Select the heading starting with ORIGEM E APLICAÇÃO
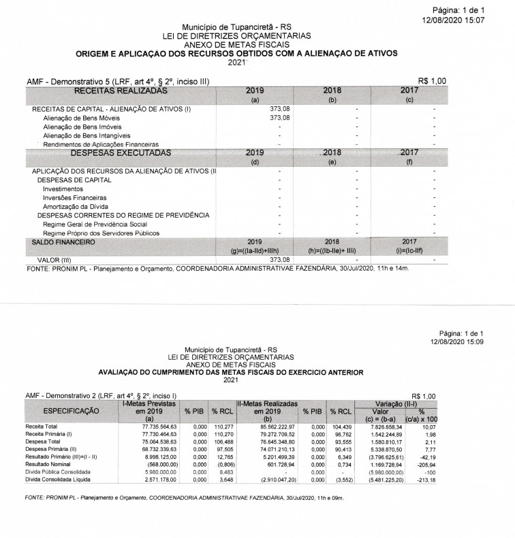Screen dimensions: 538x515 tap(236, 52)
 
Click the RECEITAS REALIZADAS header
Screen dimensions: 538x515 tap(120, 90)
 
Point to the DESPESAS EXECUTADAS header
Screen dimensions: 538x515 tap(121, 153)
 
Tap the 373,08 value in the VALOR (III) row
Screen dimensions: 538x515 tap(280, 260)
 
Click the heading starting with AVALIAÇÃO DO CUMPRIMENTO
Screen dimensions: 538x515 tap(231, 373)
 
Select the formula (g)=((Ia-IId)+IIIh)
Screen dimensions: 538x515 tap(255, 250)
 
